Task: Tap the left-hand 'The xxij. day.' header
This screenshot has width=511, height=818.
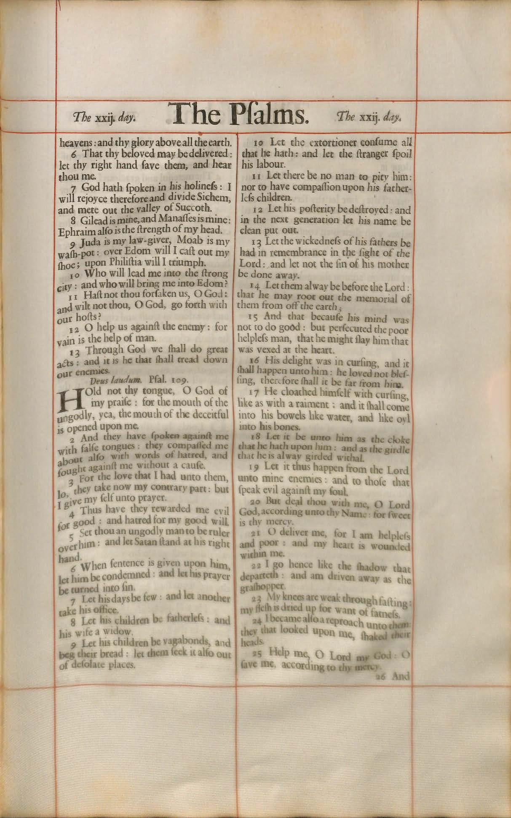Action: coord(104,118)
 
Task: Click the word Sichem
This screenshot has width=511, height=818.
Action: coord(214,197)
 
